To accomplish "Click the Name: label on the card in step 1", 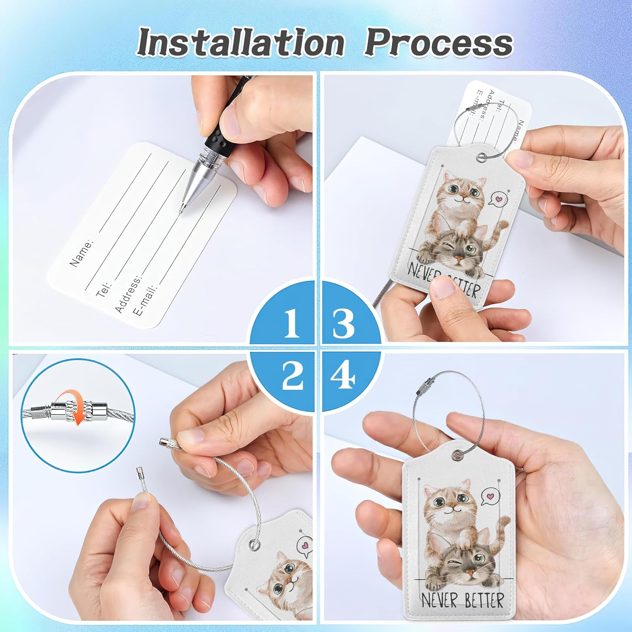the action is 81,253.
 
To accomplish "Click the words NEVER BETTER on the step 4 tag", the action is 462,600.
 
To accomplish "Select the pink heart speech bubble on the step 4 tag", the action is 489,496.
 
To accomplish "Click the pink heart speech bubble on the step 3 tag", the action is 498,198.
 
